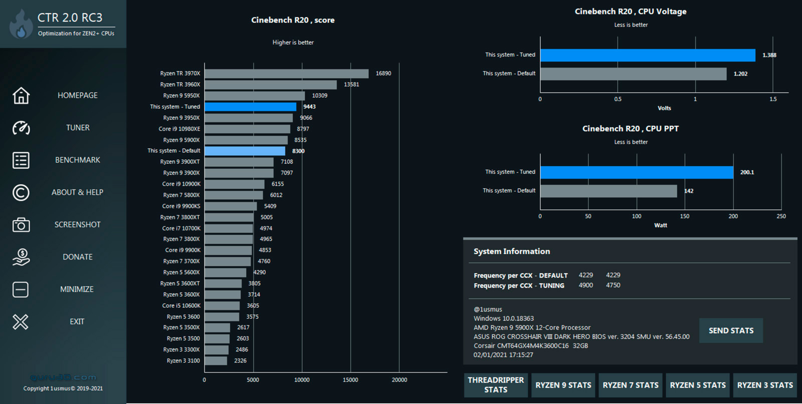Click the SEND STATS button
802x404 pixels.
pos(731,330)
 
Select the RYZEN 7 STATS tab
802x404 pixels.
pos(630,385)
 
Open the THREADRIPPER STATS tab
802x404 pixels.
pos(496,385)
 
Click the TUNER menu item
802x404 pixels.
pos(78,128)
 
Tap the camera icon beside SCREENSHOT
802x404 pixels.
pos(21,225)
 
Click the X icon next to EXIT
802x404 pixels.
pos(21,321)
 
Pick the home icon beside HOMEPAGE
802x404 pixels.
pos(21,95)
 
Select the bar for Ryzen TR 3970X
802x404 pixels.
pos(286,74)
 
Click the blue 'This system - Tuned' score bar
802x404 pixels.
pos(250,107)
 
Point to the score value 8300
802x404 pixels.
pos(298,151)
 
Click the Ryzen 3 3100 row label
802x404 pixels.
pos(183,360)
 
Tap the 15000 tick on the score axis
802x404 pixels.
pos(350,380)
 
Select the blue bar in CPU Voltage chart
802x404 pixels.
pos(648,55)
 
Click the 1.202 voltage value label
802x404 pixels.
pos(740,74)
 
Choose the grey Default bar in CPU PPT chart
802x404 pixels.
pos(609,191)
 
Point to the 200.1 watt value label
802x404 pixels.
pos(747,172)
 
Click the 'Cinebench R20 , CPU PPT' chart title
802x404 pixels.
pos(630,129)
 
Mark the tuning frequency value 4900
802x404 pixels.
pos(585,285)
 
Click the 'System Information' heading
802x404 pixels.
pos(512,251)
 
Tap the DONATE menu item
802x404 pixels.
pos(77,257)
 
